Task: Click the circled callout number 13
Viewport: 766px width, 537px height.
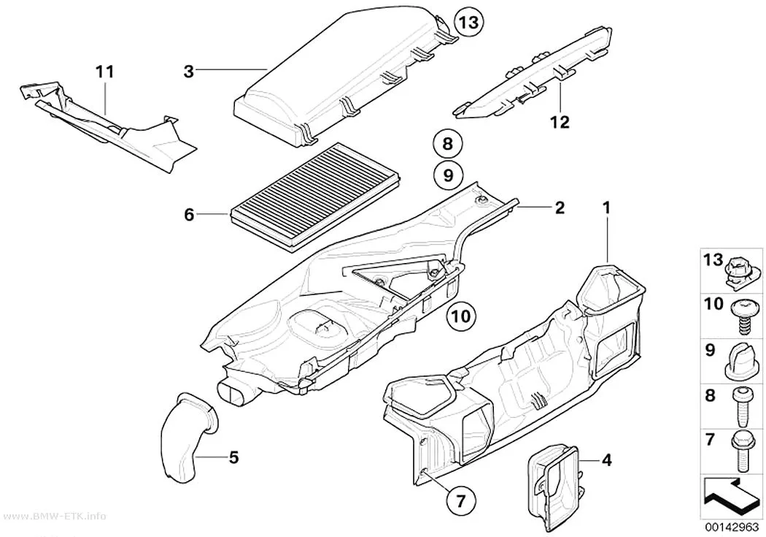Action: pyautogui.click(x=468, y=23)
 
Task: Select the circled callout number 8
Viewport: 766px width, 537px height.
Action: pyautogui.click(x=448, y=144)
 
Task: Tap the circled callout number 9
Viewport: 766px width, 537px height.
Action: pyautogui.click(x=448, y=175)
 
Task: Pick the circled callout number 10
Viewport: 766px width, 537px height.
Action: pyautogui.click(x=461, y=316)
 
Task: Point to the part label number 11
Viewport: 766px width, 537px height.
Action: pyautogui.click(x=104, y=72)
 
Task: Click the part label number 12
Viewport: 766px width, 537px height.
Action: pyautogui.click(x=560, y=122)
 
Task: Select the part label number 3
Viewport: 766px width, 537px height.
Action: pyautogui.click(x=188, y=72)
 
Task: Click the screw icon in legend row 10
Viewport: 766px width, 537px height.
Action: pyautogui.click(x=744, y=316)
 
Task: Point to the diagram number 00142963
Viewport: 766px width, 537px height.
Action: pyautogui.click(x=732, y=528)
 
